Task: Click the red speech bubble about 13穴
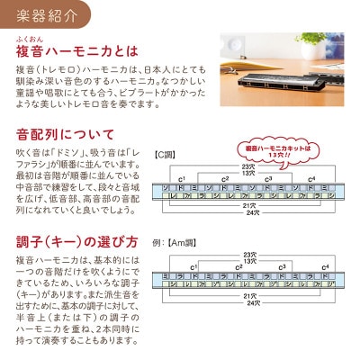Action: click(x=260, y=148)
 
